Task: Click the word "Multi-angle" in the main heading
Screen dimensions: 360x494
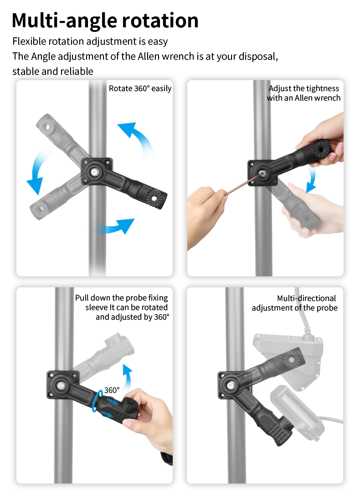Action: click(64, 21)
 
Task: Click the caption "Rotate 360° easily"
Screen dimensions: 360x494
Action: click(140, 88)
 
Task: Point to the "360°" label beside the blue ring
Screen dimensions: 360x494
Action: click(112, 390)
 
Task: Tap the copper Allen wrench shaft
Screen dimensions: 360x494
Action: click(243, 184)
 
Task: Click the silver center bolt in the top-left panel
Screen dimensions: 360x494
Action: click(94, 172)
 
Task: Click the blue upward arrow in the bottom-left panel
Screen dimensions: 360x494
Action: click(127, 378)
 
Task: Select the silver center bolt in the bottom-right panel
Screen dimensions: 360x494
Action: click(231, 385)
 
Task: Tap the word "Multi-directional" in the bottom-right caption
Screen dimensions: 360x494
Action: click(306, 298)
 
